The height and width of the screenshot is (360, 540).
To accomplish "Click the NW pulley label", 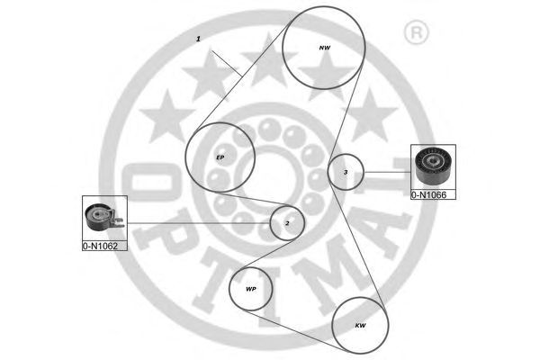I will pyautogui.click(x=325, y=47).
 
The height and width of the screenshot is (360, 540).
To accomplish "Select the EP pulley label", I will pyautogui.click(x=220, y=157).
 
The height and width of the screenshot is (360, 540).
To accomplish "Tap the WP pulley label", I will pyautogui.click(x=251, y=289).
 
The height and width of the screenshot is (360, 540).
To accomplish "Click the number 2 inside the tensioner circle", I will pyautogui.click(x=287, y=222).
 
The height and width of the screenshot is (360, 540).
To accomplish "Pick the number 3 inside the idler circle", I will pyautogui.click(x=345, y=172).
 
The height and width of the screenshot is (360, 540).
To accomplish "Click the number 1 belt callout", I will pyautogui.click(x=198, y=40).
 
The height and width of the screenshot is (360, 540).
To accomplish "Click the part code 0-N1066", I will pyautogui.click(x=433, y=193).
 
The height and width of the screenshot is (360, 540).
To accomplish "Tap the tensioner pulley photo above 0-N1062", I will pyautogui.click(x=103, y=218).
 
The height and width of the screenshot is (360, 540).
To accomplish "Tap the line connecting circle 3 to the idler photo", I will pyautogui.click(x=387, y=172).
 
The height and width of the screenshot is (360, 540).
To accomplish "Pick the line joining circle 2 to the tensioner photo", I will pyautogui.click(x=198, y=222).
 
